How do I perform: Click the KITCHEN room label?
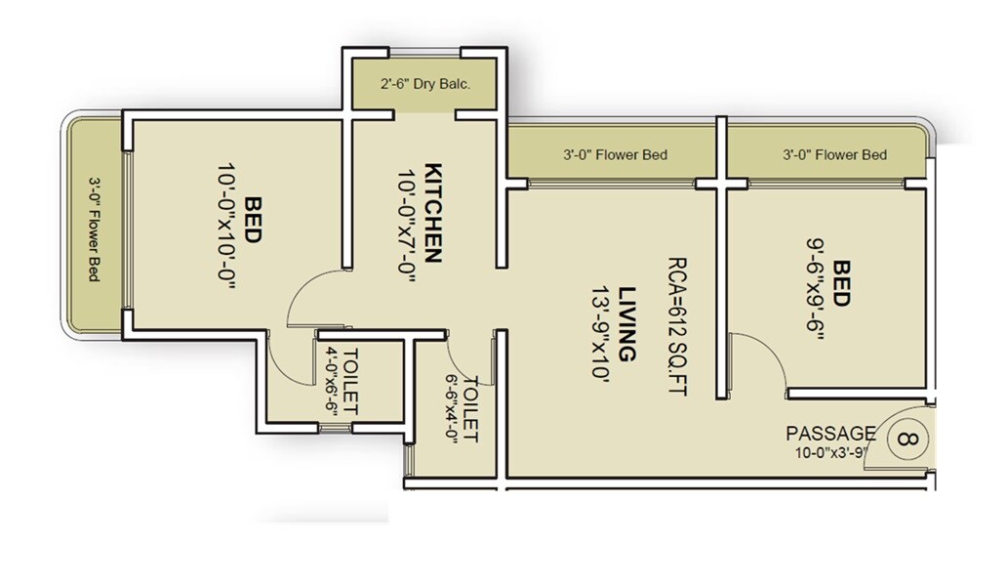coord(434,212)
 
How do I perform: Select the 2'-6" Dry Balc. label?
coord(425,84)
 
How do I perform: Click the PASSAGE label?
coord(830,433)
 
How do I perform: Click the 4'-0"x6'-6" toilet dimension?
coord(332,380)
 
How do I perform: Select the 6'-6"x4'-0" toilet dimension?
coord(453,408)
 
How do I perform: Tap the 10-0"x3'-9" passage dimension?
coord(831,452)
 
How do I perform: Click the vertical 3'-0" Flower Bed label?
coord(95,229)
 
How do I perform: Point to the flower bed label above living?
coord(615,154)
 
